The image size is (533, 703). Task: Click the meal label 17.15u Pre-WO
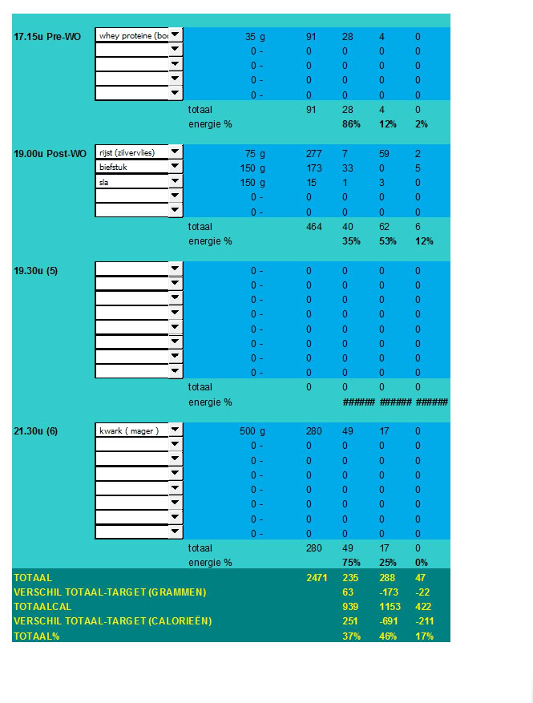point(47,37)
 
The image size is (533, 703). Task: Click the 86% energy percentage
point(351,124)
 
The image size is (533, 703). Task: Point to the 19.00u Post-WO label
point(50,154)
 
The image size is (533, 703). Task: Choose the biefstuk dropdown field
point(132,168)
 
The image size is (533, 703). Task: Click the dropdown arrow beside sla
point(176,182)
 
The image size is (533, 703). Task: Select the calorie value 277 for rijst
point(313,153)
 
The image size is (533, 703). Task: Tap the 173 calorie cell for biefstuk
point(313,168)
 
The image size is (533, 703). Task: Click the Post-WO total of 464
point(313,227)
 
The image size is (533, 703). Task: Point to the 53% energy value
point(388,241)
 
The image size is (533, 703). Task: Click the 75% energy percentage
point(351,563)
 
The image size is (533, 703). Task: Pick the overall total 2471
point(317,577)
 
